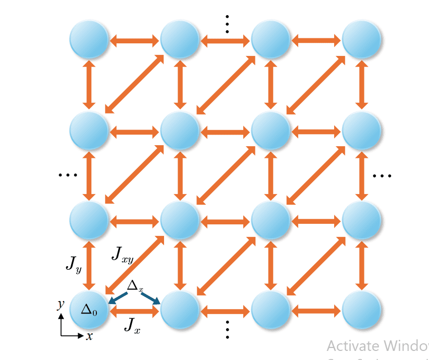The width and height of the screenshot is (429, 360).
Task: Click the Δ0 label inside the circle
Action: click(89, 309)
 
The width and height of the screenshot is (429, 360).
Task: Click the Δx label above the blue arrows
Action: click(135, 286)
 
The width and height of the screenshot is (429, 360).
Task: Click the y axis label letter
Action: click(60, 304)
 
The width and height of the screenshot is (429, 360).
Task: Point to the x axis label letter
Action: click(89, 336)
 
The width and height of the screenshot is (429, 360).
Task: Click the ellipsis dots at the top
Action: click(227, 22)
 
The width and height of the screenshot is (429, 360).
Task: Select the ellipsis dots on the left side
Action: click(67, 175)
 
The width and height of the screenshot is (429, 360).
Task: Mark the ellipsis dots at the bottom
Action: click(227, 330)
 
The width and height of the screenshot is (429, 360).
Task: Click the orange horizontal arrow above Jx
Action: click(135, 312)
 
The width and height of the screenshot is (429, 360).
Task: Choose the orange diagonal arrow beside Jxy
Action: click(135, 265)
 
